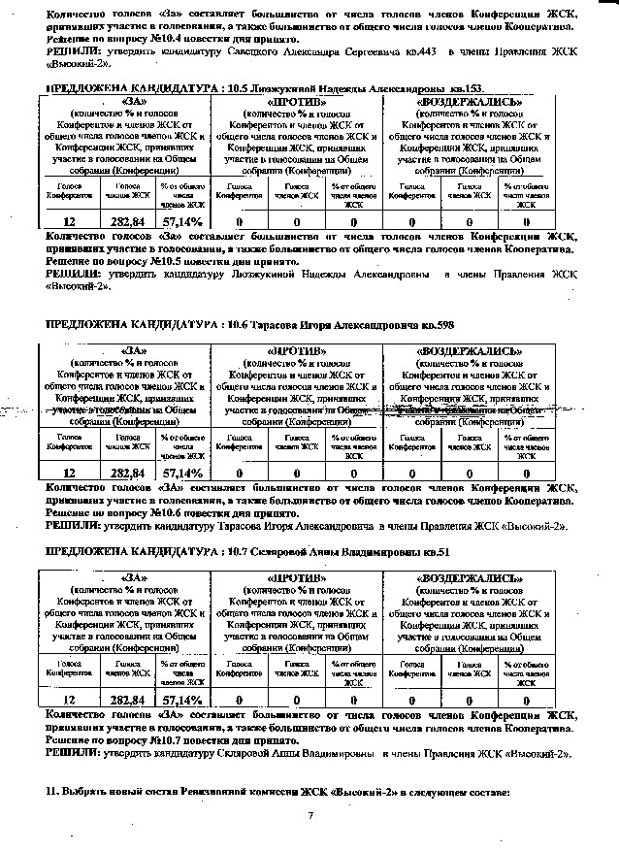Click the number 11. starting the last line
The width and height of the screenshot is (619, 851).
point(53,793)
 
